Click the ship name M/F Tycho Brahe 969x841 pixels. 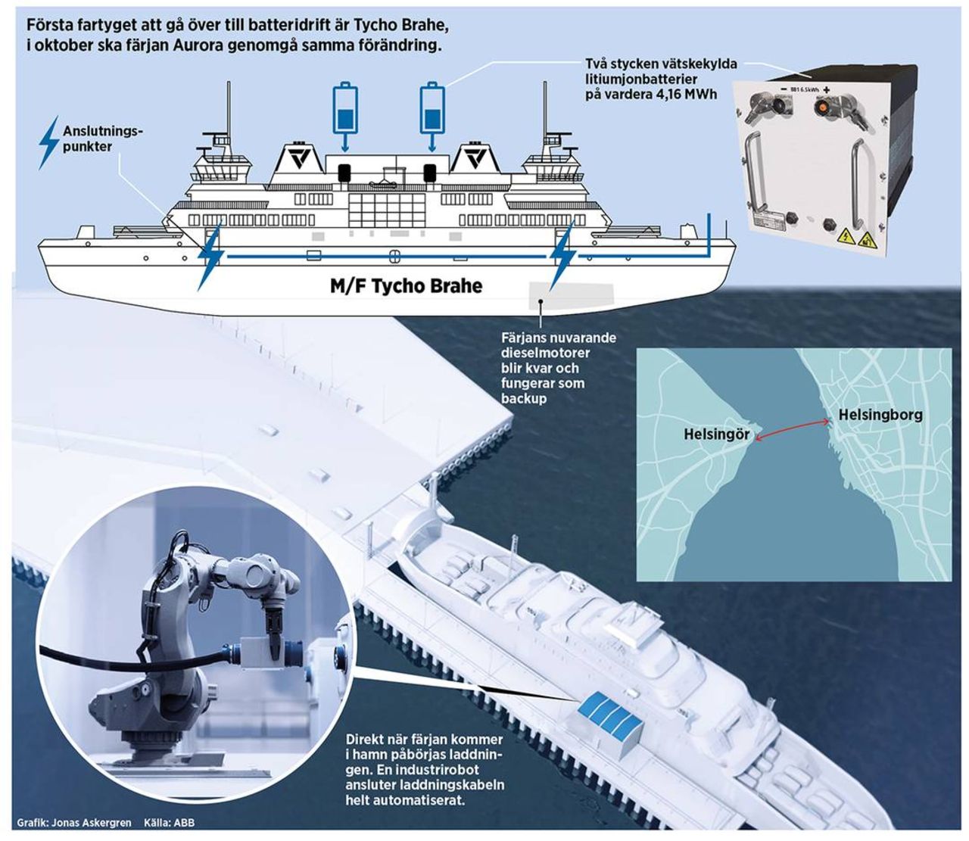[x=406, y=286]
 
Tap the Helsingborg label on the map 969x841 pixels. [x=880, y=415]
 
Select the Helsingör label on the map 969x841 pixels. [x=716, y=435]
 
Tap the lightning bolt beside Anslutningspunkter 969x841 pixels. [x=49, y=142]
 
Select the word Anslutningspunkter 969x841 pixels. [x=102, y=139]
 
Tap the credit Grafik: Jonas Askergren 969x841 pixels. [x=73, y=823]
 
